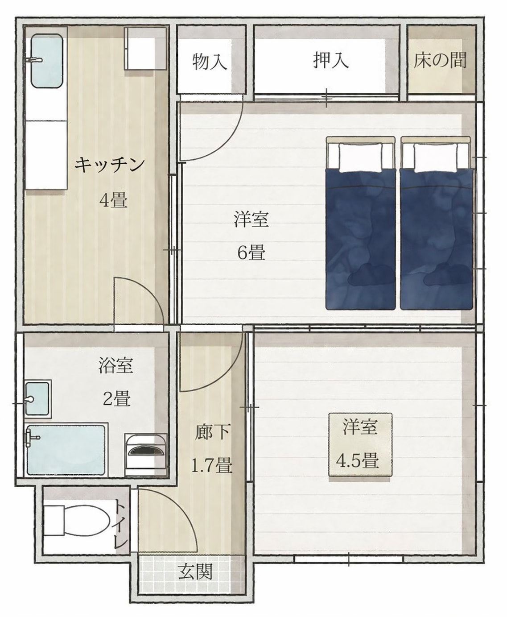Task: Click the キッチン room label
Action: (x=110, y=165)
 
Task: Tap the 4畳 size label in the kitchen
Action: (x=113, y=200)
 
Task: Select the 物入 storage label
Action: (x=210, y=62)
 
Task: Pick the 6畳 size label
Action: (x=251, y=253)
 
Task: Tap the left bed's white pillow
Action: (x=360, y=157)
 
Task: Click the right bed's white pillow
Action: (x=435, y=157)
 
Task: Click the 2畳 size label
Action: (x=116, y=398)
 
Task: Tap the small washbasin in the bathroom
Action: (x=37, y=398)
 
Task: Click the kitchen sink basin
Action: (x=47, y=61)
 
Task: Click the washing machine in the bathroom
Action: (x=146, y=454)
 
